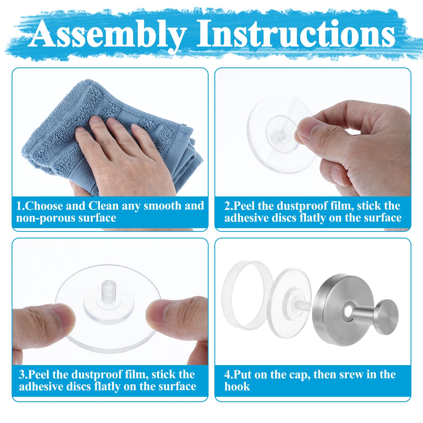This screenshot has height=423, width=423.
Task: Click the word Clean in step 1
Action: [x=103, y=206]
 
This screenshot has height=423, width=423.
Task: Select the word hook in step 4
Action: [x=237, y=387]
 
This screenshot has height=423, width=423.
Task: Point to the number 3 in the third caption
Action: [x=22, y=375]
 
